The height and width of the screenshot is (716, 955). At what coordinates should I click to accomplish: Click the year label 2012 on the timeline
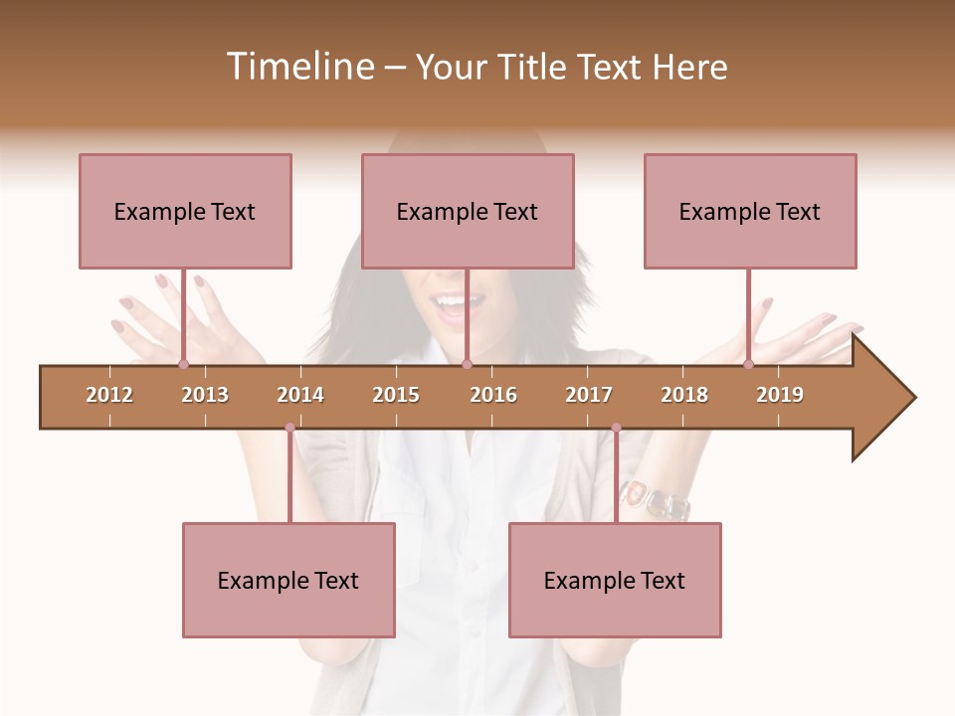pos(109,395)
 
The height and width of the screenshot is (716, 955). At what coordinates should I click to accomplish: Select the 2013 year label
pos(205,395)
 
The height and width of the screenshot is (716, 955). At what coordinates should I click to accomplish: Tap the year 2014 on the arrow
pos(300,395)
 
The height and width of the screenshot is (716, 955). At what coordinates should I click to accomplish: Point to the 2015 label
pos(396,395)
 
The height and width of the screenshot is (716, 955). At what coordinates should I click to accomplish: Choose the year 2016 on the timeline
pos(493,395)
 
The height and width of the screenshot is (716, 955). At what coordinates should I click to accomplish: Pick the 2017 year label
pos(589,395)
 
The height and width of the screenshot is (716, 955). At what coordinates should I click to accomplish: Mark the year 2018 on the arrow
pos(684,395)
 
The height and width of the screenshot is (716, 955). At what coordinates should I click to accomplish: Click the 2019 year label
pos(780,395)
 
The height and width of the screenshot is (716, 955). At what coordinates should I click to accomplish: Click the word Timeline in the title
pos(297,67)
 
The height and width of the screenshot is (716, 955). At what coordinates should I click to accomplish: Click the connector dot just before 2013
pos(184,365)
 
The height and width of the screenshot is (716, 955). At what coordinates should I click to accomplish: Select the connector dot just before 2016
pos(467,365)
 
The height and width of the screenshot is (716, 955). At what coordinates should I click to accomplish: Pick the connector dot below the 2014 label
pos(289,428)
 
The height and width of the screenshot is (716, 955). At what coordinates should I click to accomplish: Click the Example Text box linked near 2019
pos(750,211)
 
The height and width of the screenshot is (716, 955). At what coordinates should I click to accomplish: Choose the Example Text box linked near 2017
pos(615,580)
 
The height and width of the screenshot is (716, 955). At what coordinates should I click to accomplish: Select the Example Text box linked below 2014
pos(288,580)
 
